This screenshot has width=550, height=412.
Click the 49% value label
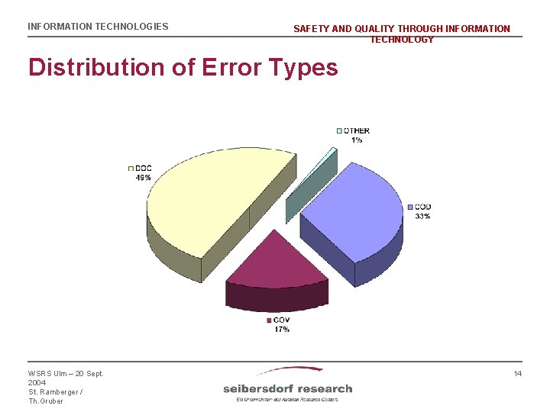[x=143, y=177]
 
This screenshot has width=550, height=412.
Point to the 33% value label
[x=422, y=216]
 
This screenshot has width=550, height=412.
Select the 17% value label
[x=282, y=329]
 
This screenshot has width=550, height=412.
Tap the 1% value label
[x=357, y=140]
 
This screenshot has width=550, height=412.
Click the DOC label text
[x=144, y=168]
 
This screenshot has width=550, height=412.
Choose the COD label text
[x=423, y=207]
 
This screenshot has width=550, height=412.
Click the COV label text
[x=281, y=320]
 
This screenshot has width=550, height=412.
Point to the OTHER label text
[x=356, y=130]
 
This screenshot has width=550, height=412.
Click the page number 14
[x=517, y=373]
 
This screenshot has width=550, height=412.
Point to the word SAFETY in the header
[x=312, y=29]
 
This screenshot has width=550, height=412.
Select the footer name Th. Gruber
[x=45, y=401]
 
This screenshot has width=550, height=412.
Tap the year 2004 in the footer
[x=37, y=382]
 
